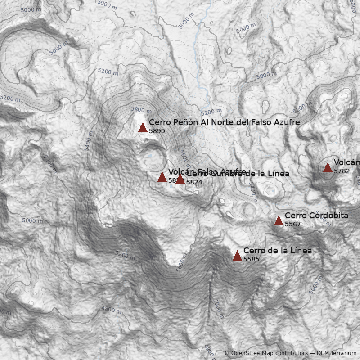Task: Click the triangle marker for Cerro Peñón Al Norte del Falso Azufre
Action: pyautogui.click(x=143, y=127)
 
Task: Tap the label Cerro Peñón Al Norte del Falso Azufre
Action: pyautogui.click(x=224, y=122)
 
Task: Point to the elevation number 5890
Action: pyautogui.click(x=157, y=131)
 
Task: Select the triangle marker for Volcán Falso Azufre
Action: pyautogui.click(x=162, y=177)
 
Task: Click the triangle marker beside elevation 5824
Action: pyautogui.click(x=180, y=179)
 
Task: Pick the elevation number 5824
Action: pyautogui.click(x=194, y=182)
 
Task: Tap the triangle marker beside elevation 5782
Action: pyautogui.click(x=328, y=167)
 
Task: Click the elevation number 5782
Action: pyautogui.click(x=342, y=171)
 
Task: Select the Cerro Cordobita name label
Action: pyautogui.click(x=316, y=216)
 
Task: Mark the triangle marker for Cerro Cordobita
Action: pyautogui.click(x=279, y=220)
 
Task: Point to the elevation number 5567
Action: pyautogui.click(x=292, y=224)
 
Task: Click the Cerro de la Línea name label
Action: pyautogui.click(x=277, y=251)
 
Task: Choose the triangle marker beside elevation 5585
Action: pyautogui.click(x=237, y=256)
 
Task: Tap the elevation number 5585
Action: pyautogui.click(x=251, y=260)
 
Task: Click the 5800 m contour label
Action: pyautogui.click(x=141, y=110)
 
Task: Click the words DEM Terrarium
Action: pyautogui.click(x=337, y=354)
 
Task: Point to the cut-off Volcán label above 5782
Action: pyautogui.click(x=346, y=162)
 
